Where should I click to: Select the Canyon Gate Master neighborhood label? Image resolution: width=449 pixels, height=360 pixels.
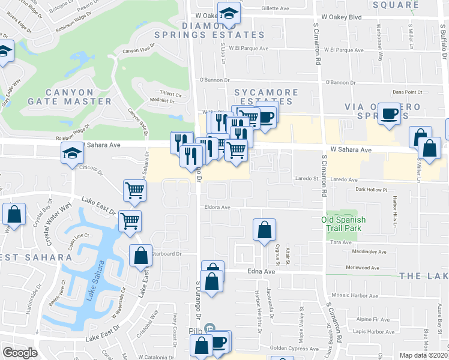click(x=70, y=97)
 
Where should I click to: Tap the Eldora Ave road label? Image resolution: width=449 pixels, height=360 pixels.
click(x=217, y=208)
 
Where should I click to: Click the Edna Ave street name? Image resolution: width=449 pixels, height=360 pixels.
click(x=261, y=272)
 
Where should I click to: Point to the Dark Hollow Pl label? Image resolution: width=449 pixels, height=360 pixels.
click(x=369, y=190)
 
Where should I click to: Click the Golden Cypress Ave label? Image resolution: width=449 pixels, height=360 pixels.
click(x=283, y=349)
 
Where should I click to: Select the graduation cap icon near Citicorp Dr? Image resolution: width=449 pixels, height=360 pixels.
click(x=72, y=152)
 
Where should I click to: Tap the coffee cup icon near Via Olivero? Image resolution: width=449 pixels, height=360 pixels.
click(x=390, y=113)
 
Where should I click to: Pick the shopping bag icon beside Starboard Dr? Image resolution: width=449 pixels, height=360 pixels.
click(x=140, y=255)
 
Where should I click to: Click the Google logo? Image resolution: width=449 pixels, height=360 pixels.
click(x=20, y=353)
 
